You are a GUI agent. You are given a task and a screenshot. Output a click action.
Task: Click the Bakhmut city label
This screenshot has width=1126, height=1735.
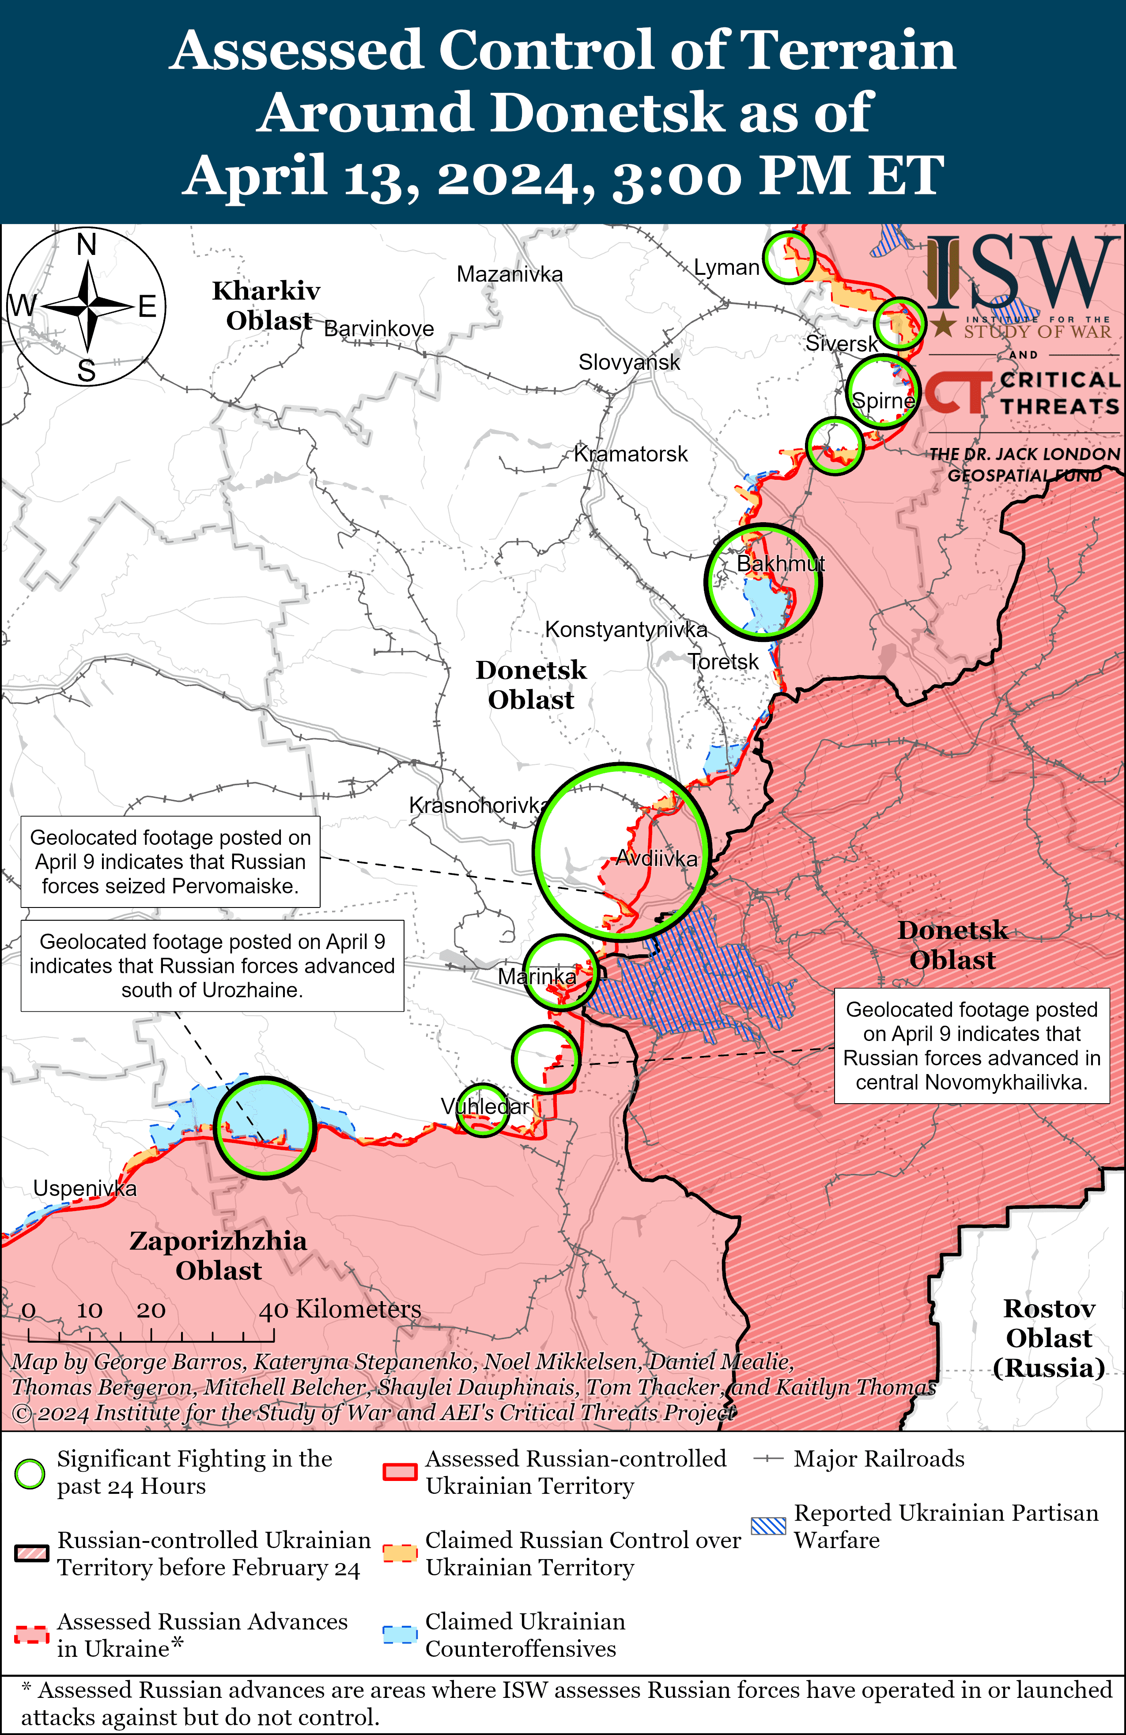click(x=781, y=563)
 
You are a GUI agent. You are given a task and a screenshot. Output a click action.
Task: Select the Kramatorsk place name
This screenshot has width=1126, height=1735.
click(x=631, y=454)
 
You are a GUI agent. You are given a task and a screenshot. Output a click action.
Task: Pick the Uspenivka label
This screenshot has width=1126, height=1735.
click(x=84, y=1188)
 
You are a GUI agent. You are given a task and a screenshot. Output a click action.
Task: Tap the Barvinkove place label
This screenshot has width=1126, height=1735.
click(x=378, y=329)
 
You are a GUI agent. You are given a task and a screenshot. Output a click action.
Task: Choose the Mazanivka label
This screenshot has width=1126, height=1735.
click(x=510, y=274)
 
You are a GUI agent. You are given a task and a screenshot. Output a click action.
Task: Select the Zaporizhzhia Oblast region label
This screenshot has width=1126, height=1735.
click(x=218, y=1255)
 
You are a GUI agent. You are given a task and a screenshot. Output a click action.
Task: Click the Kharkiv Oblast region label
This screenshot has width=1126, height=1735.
click(x=267, y=305)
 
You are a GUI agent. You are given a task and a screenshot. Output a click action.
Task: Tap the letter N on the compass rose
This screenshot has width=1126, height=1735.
click(x=87, y=245)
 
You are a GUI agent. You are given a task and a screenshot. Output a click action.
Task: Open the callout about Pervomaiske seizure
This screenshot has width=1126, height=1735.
click(x=170, y=862)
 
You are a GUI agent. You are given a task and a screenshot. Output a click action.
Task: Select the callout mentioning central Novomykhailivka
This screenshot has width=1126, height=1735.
click(x=971, y=1045)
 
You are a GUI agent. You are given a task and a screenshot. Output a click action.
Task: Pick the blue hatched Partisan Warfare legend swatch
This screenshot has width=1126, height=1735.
click(x=769, y=1526)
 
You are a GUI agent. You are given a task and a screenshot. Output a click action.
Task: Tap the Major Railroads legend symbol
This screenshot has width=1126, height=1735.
click(x=768, y=1459)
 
